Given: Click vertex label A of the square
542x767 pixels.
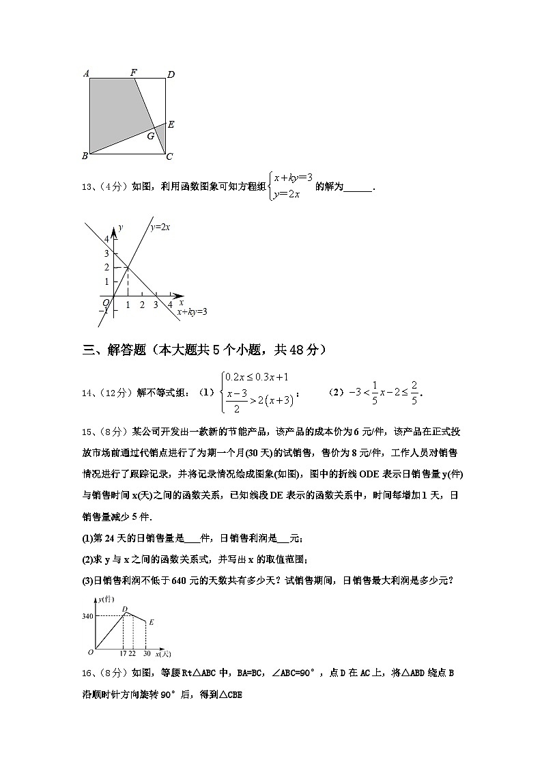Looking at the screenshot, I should (86, 74).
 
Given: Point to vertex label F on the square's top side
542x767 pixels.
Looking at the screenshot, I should (133, 73).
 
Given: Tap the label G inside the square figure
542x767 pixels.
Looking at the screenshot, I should (150, 136).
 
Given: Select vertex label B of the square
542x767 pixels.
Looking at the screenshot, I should (85, 156).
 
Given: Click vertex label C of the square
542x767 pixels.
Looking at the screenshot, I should (169, 157).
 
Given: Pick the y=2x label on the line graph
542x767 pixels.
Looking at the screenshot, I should (160, 227).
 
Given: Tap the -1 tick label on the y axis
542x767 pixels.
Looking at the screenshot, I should (104, 310).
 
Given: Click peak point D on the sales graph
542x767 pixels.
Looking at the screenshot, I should (124, 610).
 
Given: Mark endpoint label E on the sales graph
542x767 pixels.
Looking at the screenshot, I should (151, 622).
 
